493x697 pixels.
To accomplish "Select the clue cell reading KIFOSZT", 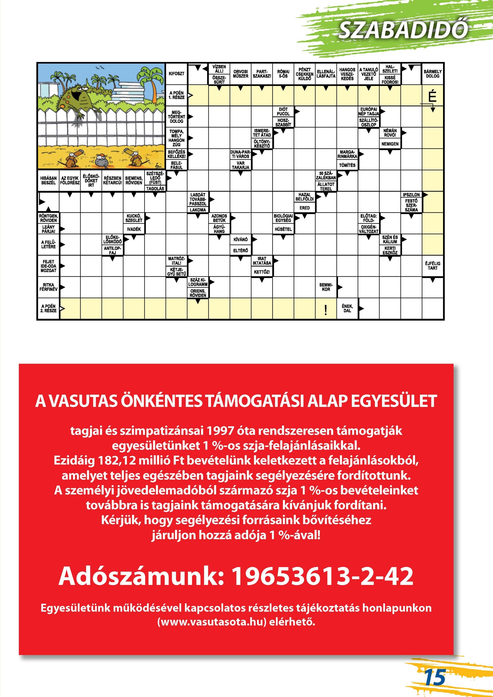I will (x=176, y=74).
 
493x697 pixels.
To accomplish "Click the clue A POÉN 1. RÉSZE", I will (x=176, y=95).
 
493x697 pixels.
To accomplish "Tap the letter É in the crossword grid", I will (x=432, y=96).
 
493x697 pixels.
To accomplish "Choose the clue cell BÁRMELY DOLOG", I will (x=433, y=74).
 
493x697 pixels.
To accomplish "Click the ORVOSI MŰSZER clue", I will (x=240, y=74).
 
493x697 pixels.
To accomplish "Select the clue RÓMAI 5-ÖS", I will (x=283, y=74).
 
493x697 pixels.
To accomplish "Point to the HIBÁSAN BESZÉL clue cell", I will (x=48, y=180).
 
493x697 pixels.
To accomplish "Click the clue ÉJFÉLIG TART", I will (x=433, y=266).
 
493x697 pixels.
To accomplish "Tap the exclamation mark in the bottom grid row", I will (x=325, y=310).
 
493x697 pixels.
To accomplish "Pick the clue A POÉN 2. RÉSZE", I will (x=48, y=308).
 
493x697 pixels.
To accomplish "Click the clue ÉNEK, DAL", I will (x=347, y=308).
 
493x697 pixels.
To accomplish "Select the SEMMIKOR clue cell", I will (x=326, y=287).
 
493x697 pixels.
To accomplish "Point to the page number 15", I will (x=434, y=677).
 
